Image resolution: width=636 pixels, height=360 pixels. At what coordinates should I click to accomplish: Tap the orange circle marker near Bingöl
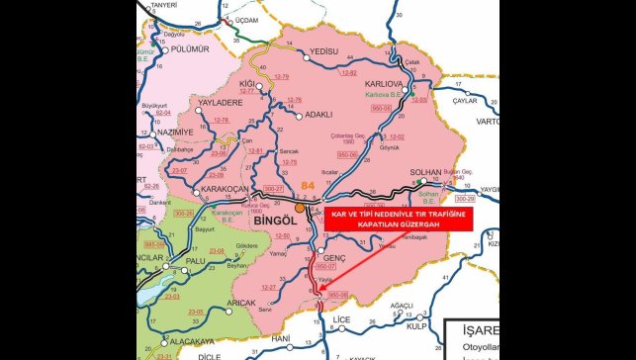pyautogui.click(x=300, y=209)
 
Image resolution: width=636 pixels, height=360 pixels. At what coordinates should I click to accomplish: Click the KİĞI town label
pyautogui.click(x=249, y=84)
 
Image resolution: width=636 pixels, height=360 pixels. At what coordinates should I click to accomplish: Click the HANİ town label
pyautogui.click(x=281, y=338)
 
